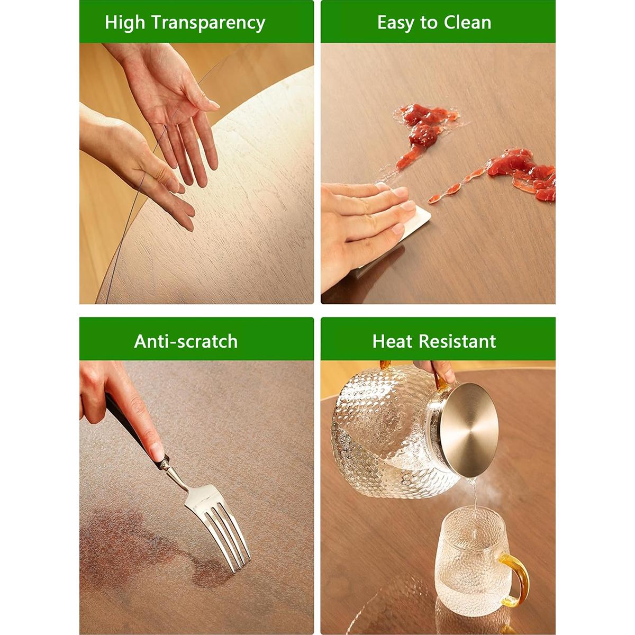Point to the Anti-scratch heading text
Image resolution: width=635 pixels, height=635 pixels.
click(186, 341)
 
